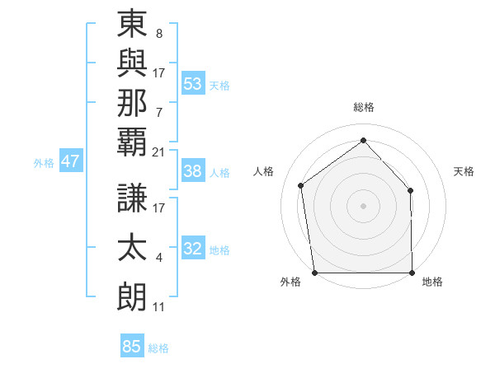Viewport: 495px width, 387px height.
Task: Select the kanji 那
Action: pyautogui.click(x=132, y=103)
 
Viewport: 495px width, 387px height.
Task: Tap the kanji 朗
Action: pyautogui.click(x=132, y=297)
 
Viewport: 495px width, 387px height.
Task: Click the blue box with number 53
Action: pyautogui.click(x=193, y=84)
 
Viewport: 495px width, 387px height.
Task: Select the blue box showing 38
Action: pyautogui.click(x=193, y=171)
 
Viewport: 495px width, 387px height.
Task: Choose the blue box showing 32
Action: pyautogui.click(x=193, y=249)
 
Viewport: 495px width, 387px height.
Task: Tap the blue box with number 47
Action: pyautogui.click(x=70, y=161)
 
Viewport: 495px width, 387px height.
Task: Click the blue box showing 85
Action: pyautogui.click(x=132, y=347)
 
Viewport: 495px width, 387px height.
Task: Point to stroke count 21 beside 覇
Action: pyautogui.click(x=159, y=152)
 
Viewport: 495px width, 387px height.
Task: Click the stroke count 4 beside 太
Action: pyautogui.click(x=159, y=259)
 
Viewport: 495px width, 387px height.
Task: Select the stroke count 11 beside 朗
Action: pyautogui.click(x=159, y=307)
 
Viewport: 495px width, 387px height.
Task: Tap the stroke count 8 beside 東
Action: pyautogui.click(x=159, y=35)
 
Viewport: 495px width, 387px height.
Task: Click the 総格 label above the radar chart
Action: pyautogui.click(x=364, y=107)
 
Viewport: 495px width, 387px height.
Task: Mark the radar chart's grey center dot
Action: pyautogui.click(x=363, y=205)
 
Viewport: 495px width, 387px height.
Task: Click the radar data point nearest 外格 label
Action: pyautogui.click(x=314, y=272)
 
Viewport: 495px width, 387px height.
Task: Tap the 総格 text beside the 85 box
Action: pyautogui.click(x=158, y=348)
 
